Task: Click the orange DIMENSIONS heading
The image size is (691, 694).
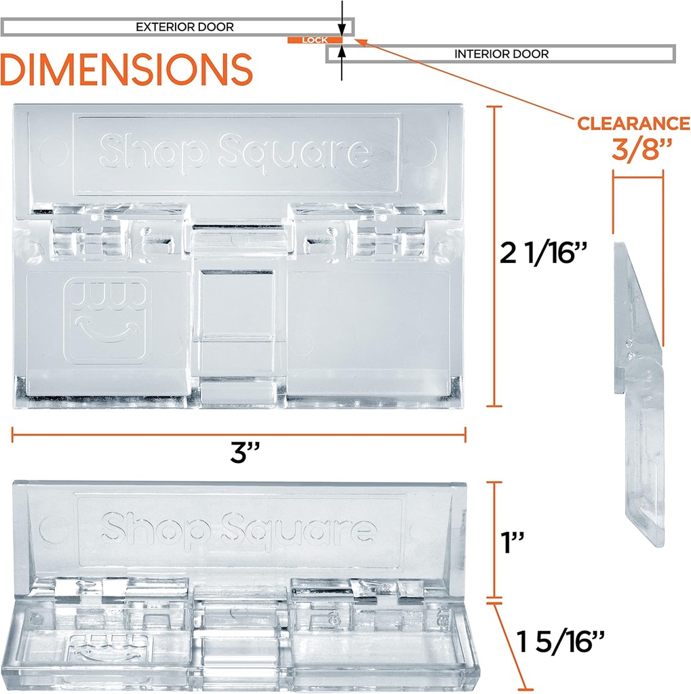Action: (127, 70)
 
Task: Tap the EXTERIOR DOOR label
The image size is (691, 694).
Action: (184, 27)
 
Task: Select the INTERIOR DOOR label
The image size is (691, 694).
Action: (501, 54)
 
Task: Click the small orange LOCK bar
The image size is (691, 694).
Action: (314, 40)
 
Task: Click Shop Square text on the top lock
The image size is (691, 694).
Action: (235, 150)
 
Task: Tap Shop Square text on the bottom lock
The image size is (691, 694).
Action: (238, 527)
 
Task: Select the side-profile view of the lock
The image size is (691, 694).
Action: (638, 393)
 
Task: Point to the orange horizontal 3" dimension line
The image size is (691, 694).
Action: (238, 434)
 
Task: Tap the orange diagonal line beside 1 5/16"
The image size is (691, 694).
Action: (511, 644)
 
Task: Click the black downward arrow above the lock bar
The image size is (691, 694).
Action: (342, 27)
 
